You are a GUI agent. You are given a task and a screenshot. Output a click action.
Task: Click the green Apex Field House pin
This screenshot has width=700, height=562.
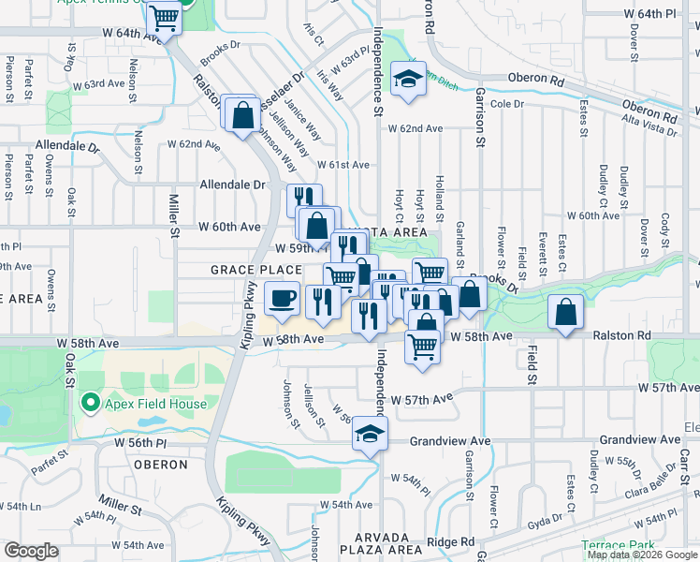coord(90,404)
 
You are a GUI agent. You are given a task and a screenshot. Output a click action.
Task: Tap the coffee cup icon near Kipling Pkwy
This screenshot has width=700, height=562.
coord(282,300)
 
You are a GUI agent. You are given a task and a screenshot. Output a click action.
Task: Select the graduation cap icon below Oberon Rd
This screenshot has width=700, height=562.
coord(408,81)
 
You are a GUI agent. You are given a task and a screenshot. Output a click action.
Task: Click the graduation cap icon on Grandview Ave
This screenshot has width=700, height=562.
coord(370,436)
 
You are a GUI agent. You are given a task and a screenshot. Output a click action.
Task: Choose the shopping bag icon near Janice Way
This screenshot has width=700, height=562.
coord(242,115)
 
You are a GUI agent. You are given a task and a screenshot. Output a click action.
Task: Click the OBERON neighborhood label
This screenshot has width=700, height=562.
coord(160,465)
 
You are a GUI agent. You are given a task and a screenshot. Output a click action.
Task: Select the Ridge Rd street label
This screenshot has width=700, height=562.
coord(451,541)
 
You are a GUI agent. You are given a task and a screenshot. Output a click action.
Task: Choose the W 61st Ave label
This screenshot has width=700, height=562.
coord(343,165)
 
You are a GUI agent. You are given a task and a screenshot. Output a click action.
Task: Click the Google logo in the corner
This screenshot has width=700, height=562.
coord(31,551)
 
